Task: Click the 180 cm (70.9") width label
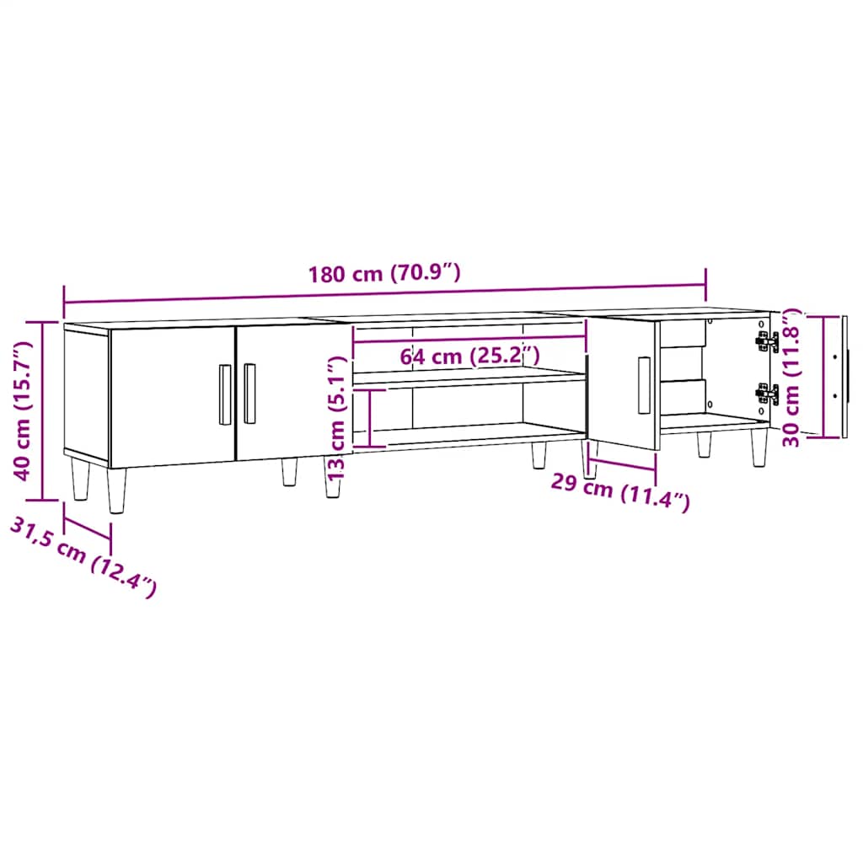(383, 273)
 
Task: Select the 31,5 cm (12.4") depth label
(83, 556)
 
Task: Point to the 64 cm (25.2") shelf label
(469, 356)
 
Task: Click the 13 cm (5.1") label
(335, 418)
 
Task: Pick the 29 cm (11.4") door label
(620, 490)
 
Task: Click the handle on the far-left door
(225, 394)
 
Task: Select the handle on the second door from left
(249, 393)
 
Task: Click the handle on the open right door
(644, 385)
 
